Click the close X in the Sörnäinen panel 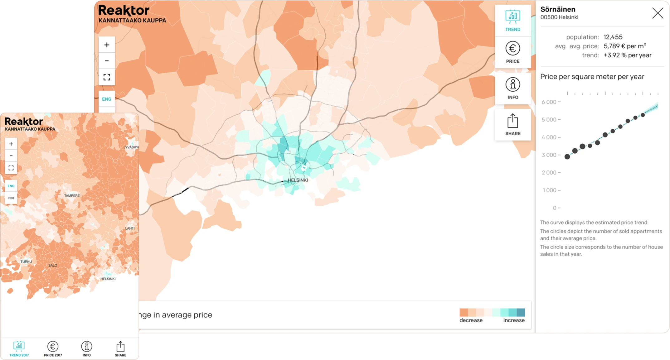point(658,13)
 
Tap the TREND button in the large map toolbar point(513,21)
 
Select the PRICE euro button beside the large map point(513,52)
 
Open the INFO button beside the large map point(513,89)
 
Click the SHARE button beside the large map point(513,125)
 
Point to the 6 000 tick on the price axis point(551,102)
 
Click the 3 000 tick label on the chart point(551,155)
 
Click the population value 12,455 point(613,37)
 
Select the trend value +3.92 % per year point(627,55)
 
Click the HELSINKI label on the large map point(298,180)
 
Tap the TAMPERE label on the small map point(72,196)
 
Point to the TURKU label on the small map point(26,262)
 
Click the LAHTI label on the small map point(130,228)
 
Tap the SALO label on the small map point(53,266)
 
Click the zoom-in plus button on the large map point(107,45)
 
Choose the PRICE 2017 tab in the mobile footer point(53,349)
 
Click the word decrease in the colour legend point(471,320)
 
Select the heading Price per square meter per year point(592,77)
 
